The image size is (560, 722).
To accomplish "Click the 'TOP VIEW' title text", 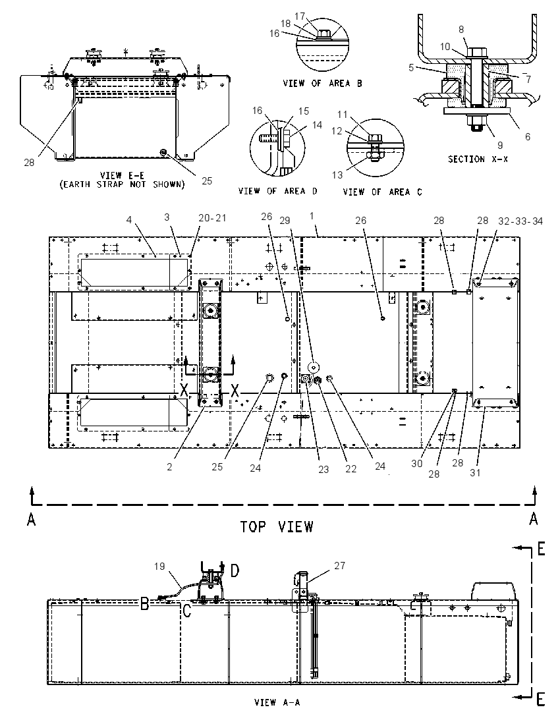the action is [277, 526].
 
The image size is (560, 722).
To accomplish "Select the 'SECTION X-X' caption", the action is [478, 159].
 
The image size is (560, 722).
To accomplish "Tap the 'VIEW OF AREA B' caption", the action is [322, 84].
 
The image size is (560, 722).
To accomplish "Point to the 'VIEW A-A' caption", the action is [277, 702].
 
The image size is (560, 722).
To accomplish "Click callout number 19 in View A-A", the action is [159, 566].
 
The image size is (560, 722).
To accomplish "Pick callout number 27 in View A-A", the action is [339, 565].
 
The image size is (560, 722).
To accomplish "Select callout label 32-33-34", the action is [520, 221].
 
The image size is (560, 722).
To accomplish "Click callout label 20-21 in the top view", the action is [212, 218].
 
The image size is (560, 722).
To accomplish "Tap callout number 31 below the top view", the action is [475, 472].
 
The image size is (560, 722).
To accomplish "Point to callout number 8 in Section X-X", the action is [461, 30].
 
